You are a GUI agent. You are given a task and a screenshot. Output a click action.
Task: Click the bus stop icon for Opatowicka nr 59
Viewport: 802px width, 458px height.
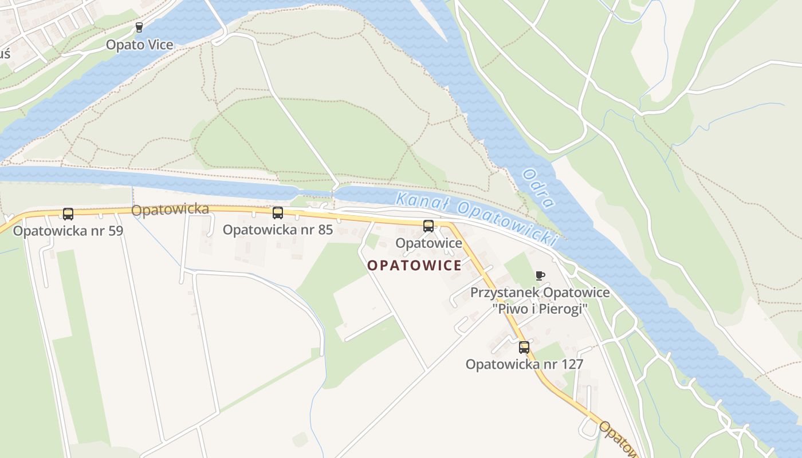point(68,214)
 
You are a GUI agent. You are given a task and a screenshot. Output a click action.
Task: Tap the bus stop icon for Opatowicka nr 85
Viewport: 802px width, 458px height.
point(278,213)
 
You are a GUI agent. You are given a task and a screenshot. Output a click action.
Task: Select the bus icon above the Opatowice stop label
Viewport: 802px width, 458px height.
point(428,226)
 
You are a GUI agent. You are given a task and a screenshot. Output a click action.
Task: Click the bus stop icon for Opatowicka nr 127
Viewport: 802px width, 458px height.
point(524,347)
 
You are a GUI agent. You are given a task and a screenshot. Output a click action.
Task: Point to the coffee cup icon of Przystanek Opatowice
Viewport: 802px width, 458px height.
point(540,276)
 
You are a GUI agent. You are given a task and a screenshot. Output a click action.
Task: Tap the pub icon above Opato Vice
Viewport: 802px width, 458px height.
point(139,27)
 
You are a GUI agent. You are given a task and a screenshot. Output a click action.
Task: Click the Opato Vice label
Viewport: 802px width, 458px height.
point(139,45)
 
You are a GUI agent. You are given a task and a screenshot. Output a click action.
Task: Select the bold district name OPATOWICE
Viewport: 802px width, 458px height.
point(414,266)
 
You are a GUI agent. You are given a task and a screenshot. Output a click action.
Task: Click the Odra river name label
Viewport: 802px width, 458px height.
point(538,188)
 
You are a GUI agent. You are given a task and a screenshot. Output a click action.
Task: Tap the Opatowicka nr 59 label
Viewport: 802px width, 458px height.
point(68,231)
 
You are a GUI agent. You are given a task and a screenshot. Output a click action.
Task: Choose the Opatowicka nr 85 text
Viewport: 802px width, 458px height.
point(278,230)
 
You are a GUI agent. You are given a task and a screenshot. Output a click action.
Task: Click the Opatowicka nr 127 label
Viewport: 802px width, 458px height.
point(524,364)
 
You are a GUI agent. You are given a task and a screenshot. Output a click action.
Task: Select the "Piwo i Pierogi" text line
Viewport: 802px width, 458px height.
point(540,309)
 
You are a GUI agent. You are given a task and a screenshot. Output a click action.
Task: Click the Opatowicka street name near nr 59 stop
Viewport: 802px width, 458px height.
point(170,210)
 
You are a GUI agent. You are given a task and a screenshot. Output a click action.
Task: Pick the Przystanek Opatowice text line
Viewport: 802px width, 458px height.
point(540,293)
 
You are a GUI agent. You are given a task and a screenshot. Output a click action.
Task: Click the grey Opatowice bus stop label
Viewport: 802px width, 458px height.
point(428,243)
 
